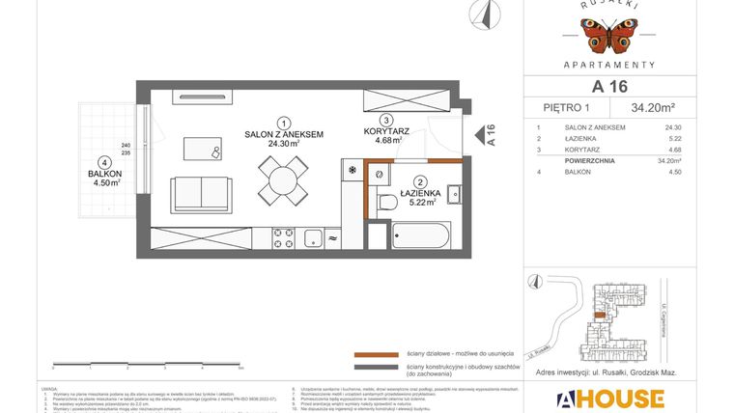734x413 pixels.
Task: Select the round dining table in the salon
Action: click(x=282, y=179)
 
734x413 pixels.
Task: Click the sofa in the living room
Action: click(x=201, y=194)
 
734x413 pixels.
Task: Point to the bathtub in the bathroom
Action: click(x=421, y=236)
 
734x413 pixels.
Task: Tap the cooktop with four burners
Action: click(x=283, y=237)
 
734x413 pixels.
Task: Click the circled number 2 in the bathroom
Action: click(x=420, y=180)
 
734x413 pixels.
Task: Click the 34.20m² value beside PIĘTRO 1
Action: click(x=654, y=107)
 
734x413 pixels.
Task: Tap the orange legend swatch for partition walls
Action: click(x=376, y=354)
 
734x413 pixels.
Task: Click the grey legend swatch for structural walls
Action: click(x=376, y=367)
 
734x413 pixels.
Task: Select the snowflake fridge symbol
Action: click(x=352, y=172)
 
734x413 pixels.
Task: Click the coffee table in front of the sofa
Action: click(x=202, y=150)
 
